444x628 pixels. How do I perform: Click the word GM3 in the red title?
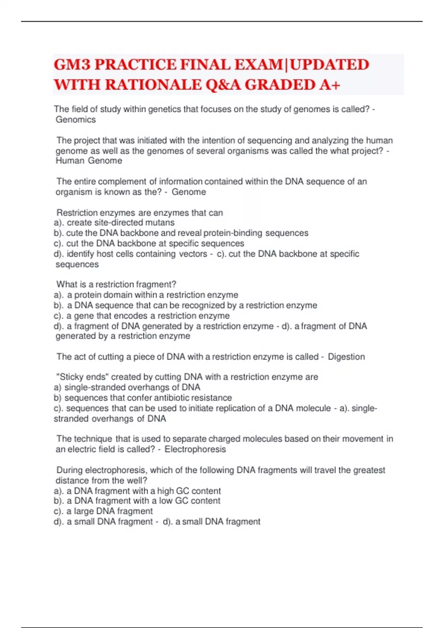point(72,65)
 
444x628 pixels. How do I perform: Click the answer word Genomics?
point(76,120)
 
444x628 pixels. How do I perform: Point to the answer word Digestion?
point(346,357)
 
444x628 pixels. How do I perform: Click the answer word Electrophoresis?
point(195,450)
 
